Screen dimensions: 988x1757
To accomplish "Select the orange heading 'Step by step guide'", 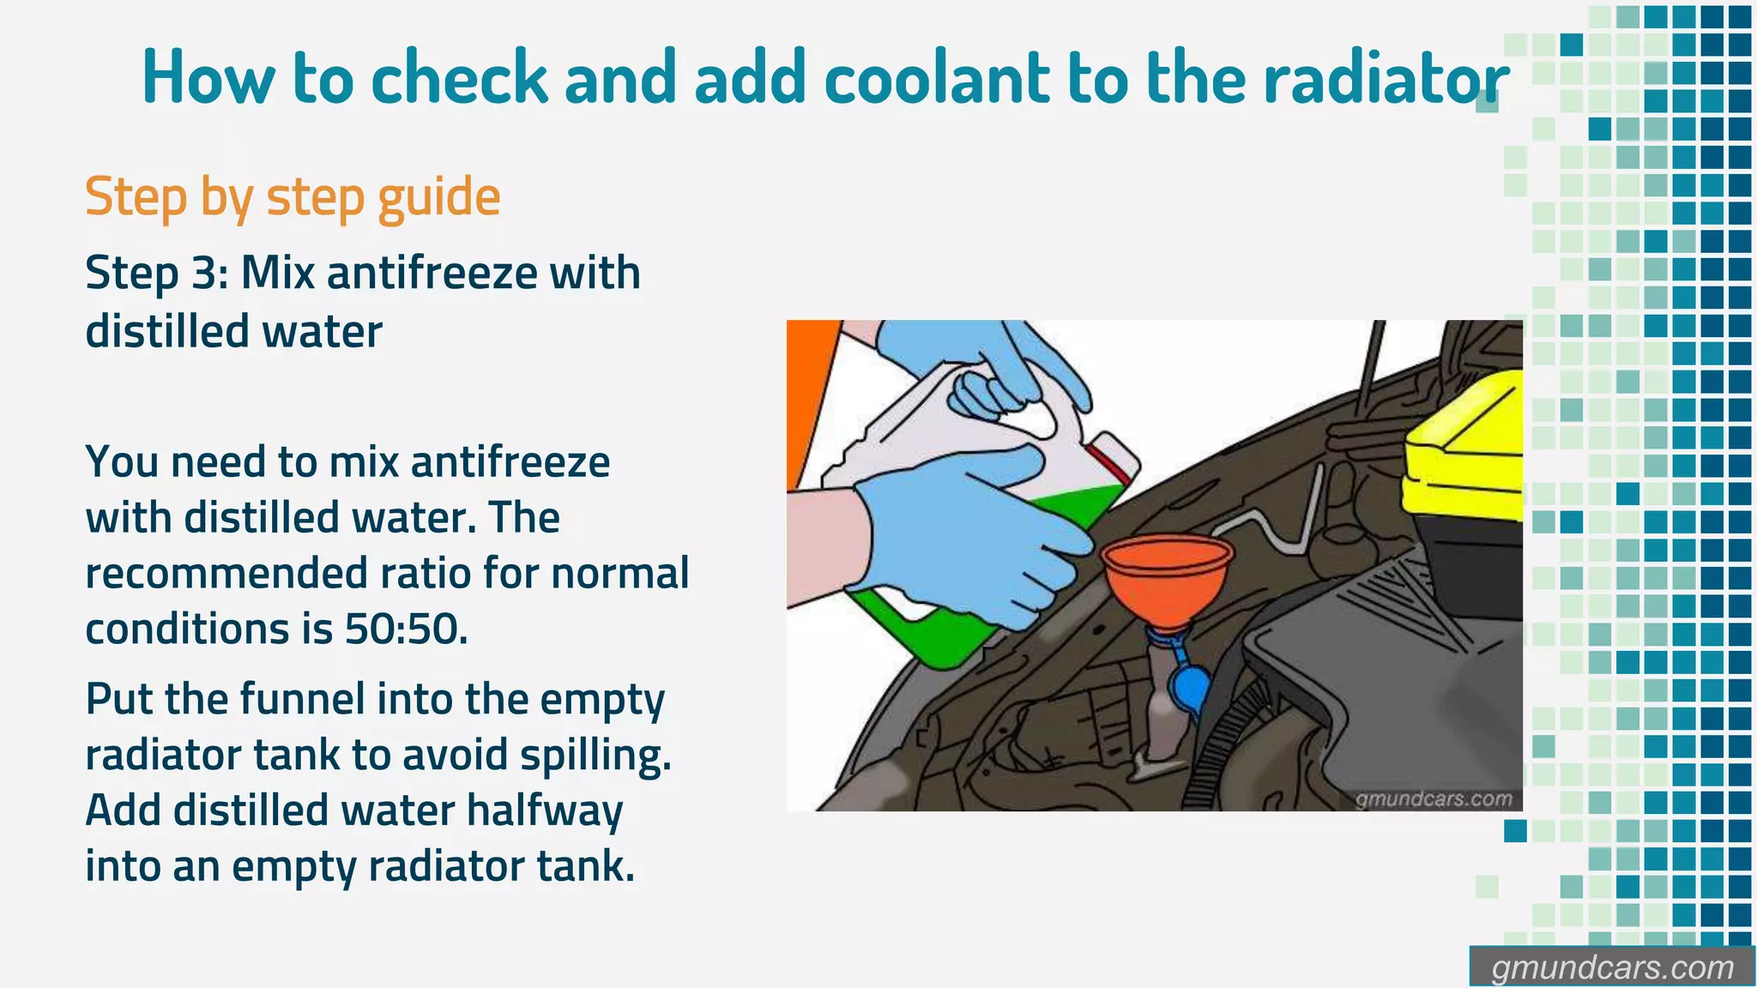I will click(x=292, y=197).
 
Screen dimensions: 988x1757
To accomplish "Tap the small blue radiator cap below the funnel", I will click(x=1191, y=691).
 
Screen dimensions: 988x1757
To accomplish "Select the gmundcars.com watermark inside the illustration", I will click(x=1433, y=799).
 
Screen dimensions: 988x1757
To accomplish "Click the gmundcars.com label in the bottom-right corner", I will click(x=1611, y=968).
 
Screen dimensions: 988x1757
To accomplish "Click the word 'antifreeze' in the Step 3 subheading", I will click(x=432, y=274).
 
